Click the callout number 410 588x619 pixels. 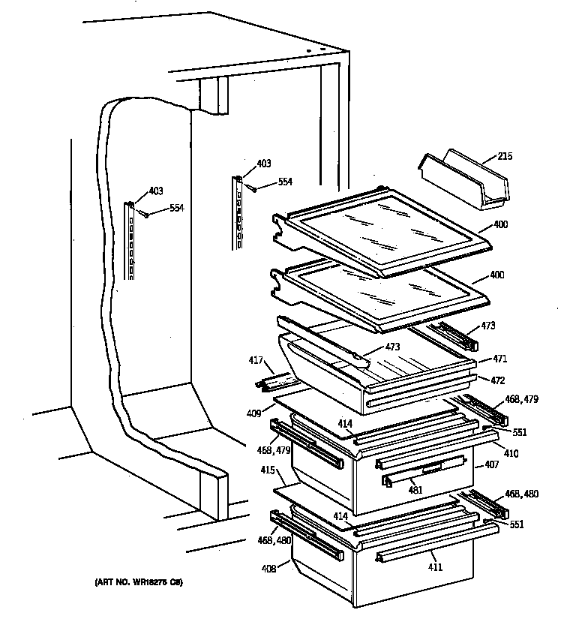pos(510,453)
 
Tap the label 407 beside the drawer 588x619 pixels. pos(491,465)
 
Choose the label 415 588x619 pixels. pos(267,470)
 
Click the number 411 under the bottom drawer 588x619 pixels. pos(436,567)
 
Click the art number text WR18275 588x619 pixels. pos(139,582)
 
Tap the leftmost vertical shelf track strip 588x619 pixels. pos(130,240)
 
